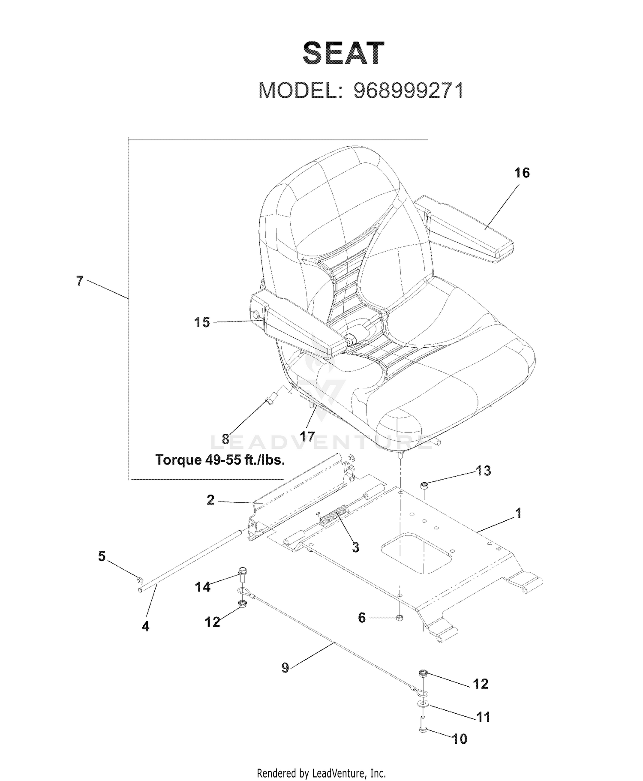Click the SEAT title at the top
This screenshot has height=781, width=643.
[x=343, y=54]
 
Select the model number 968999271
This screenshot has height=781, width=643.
[x=408, y=90]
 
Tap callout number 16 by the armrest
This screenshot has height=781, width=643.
[x=522, y=173]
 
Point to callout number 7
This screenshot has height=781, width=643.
[x=80, y=281]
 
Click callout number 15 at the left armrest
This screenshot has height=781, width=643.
[x=202, y=322]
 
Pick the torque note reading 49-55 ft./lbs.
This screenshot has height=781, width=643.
[x=220, y=460]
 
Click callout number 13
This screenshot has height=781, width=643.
[x=483, y=471]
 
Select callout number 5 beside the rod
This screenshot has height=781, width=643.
[x=102, y=556]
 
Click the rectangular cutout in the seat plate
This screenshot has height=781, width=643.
[x=417, y=553]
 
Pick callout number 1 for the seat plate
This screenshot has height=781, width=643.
[x=518, y=513]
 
